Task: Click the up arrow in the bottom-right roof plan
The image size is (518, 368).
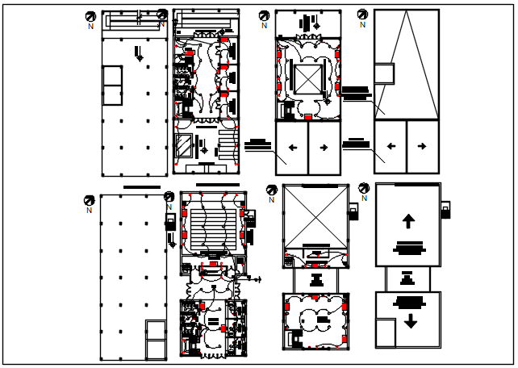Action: coord(408,220)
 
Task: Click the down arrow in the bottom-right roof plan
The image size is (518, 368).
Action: coord(410,321)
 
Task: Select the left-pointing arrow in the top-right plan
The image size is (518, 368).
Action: coord(391,147)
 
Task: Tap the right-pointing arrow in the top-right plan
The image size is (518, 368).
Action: coord(422,147)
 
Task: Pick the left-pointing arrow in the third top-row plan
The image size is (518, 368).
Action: coord(291,148)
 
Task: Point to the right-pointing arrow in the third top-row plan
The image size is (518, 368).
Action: coord(323,148)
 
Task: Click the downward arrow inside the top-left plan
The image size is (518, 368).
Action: coord(140,55)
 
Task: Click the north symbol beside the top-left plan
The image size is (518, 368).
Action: coord(90,16)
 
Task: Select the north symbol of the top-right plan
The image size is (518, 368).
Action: coord(363,15)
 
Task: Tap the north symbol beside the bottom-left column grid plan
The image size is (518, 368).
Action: coord(90,200)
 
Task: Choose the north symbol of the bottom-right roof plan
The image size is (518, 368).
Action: coord(364,188)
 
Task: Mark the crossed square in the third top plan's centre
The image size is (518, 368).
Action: coord(307,79)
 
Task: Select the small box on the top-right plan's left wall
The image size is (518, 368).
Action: coord(384,73)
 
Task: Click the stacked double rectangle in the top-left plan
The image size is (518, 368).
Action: coord(112,86)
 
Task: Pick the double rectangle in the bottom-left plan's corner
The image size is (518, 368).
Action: coord(156,340)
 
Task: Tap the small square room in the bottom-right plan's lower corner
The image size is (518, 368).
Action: coord(386,332)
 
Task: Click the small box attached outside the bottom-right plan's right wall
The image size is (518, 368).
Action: coord(445,211)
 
